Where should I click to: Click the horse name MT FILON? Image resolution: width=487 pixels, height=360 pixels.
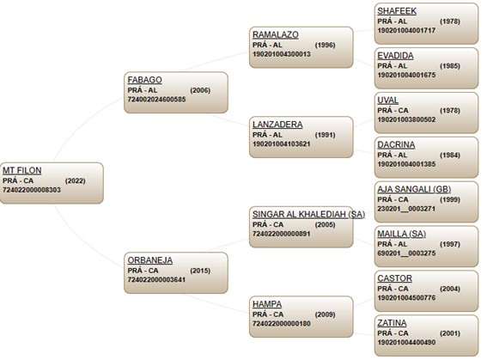22,170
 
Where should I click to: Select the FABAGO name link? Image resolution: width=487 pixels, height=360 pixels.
145,80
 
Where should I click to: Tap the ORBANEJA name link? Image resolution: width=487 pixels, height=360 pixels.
150,260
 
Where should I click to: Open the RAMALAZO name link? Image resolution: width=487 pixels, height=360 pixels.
276,34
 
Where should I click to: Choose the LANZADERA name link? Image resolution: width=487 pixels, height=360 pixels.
277,125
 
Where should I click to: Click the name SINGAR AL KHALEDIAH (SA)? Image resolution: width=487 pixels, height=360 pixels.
308,214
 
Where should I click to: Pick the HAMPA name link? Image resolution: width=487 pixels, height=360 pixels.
267,304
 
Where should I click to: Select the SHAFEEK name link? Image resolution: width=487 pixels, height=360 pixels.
397,11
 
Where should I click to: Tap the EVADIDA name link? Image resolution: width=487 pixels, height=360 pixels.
395,56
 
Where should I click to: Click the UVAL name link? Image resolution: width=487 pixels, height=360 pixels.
388,100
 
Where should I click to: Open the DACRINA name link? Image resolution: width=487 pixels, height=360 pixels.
396,144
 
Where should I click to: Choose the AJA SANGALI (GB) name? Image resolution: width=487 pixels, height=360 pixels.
414,189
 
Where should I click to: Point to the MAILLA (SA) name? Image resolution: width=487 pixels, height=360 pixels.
402,234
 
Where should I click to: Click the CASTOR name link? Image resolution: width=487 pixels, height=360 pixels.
395,278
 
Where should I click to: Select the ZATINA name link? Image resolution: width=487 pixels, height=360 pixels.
392,323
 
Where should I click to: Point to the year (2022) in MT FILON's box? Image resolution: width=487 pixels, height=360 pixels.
76,180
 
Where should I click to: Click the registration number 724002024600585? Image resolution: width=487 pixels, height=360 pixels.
156,100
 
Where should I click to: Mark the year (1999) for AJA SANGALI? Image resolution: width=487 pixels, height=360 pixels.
450,199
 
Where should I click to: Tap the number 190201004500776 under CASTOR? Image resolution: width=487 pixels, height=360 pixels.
406,298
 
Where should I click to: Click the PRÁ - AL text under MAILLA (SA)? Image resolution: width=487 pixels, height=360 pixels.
393,244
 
